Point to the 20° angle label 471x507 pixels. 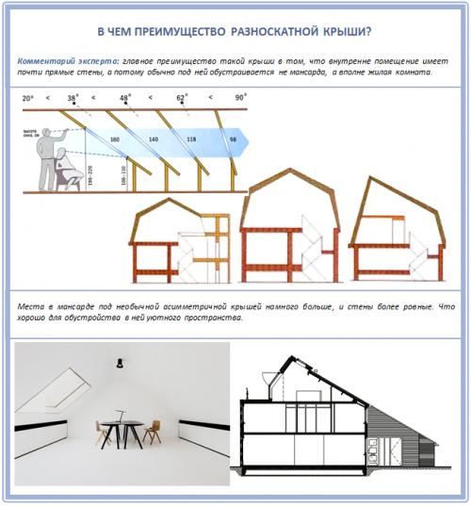(27, 97)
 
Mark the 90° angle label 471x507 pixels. (242, 97)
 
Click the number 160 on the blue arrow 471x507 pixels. (115, 140)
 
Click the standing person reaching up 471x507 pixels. (41, 155)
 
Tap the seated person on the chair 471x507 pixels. (67, 173)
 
